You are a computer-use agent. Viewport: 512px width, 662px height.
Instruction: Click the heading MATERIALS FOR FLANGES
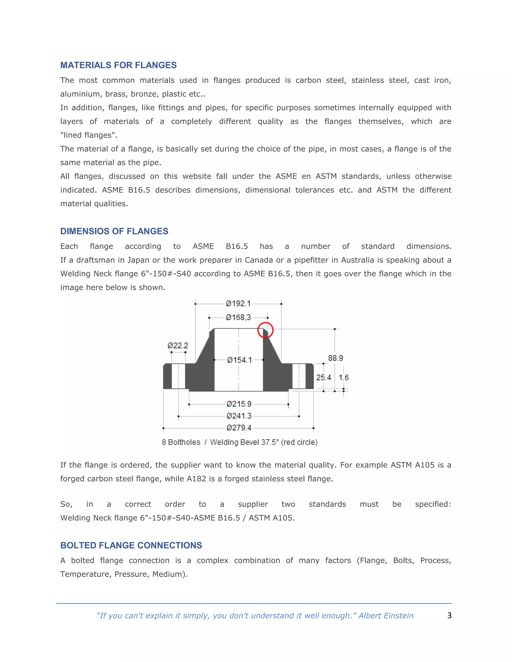tap(118, 65)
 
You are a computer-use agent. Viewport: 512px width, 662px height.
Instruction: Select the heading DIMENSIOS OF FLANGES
tap(114, 231)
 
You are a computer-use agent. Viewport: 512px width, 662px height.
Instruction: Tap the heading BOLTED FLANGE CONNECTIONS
tap(131, 545)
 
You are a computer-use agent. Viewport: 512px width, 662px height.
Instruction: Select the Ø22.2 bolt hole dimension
tap(178, 345)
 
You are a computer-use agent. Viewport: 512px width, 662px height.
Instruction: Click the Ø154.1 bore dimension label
tap(239, 360)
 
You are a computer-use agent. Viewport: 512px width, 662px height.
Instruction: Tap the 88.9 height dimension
tap(335, 358)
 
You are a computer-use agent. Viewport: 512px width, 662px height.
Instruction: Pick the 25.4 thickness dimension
tap(323, 377)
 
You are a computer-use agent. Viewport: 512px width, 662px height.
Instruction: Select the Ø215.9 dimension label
tap(239, 404)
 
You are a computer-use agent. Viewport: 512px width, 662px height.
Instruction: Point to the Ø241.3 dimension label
tap(239, 416)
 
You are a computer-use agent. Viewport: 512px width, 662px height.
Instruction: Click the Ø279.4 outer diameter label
tap(239, 428)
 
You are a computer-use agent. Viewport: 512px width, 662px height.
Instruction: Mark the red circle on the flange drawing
tap(265, 330)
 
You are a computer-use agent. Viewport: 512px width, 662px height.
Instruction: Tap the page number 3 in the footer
tap(449, 615)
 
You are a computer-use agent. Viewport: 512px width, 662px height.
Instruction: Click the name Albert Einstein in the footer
tap(386, 616)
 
